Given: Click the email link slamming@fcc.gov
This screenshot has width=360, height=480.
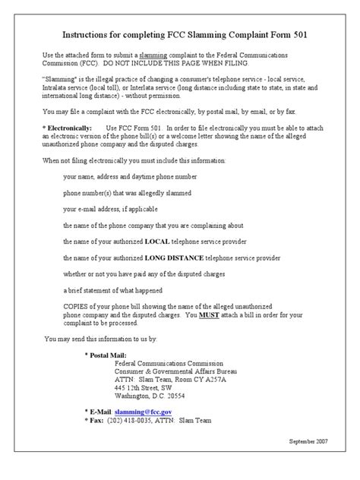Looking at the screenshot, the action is click(x=149, y=410).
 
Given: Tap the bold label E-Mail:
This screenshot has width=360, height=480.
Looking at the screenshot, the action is click(x=106, y=410).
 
